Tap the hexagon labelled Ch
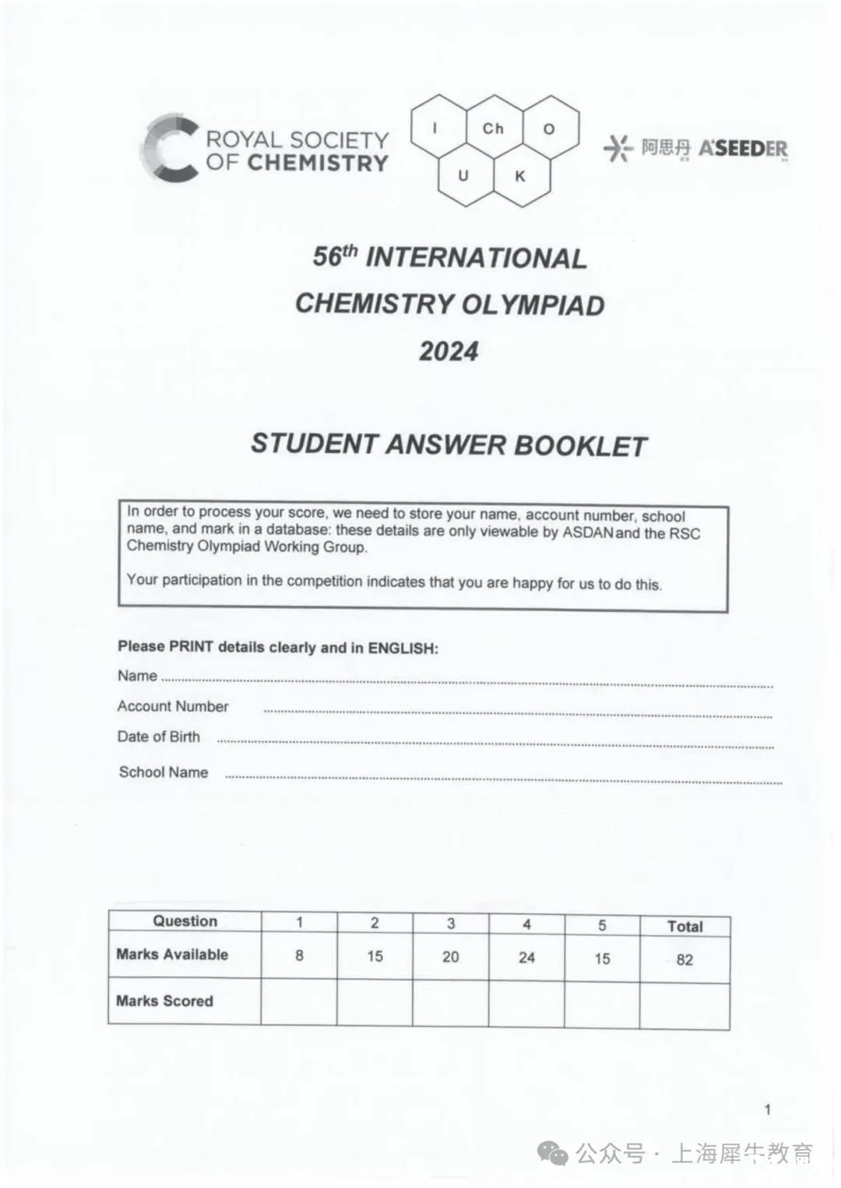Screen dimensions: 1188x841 (x=493, y=128)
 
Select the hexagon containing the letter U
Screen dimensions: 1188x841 (x=463, y=176)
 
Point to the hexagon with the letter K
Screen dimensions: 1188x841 (x=520, y=177)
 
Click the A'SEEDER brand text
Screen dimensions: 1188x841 (x=743, y=148)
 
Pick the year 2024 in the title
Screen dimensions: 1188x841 (x=449, y=351)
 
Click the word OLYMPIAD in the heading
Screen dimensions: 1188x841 (x=533, y=304)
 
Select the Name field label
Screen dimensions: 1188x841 (x=137, y=676)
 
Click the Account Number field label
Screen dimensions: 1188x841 (x=173, y=706)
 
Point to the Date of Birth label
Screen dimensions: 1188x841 (x=159, y=736)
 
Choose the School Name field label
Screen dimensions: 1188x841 (x=164, y=772)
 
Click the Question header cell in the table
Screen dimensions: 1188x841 (x=185, y=921)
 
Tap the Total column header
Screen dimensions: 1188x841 (x=684, y=926)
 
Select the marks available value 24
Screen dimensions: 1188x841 (x=526, y=958)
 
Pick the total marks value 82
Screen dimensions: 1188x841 (x=684, y=960)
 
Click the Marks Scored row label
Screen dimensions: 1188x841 (x=164, y=1001)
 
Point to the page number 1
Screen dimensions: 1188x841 (x=768, y=1109)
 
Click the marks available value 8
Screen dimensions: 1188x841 (x=299, y=955)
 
